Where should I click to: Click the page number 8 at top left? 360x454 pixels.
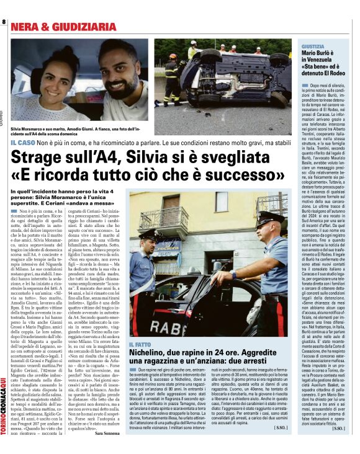[4, 22]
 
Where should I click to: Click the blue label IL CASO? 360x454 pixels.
[23, 143]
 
